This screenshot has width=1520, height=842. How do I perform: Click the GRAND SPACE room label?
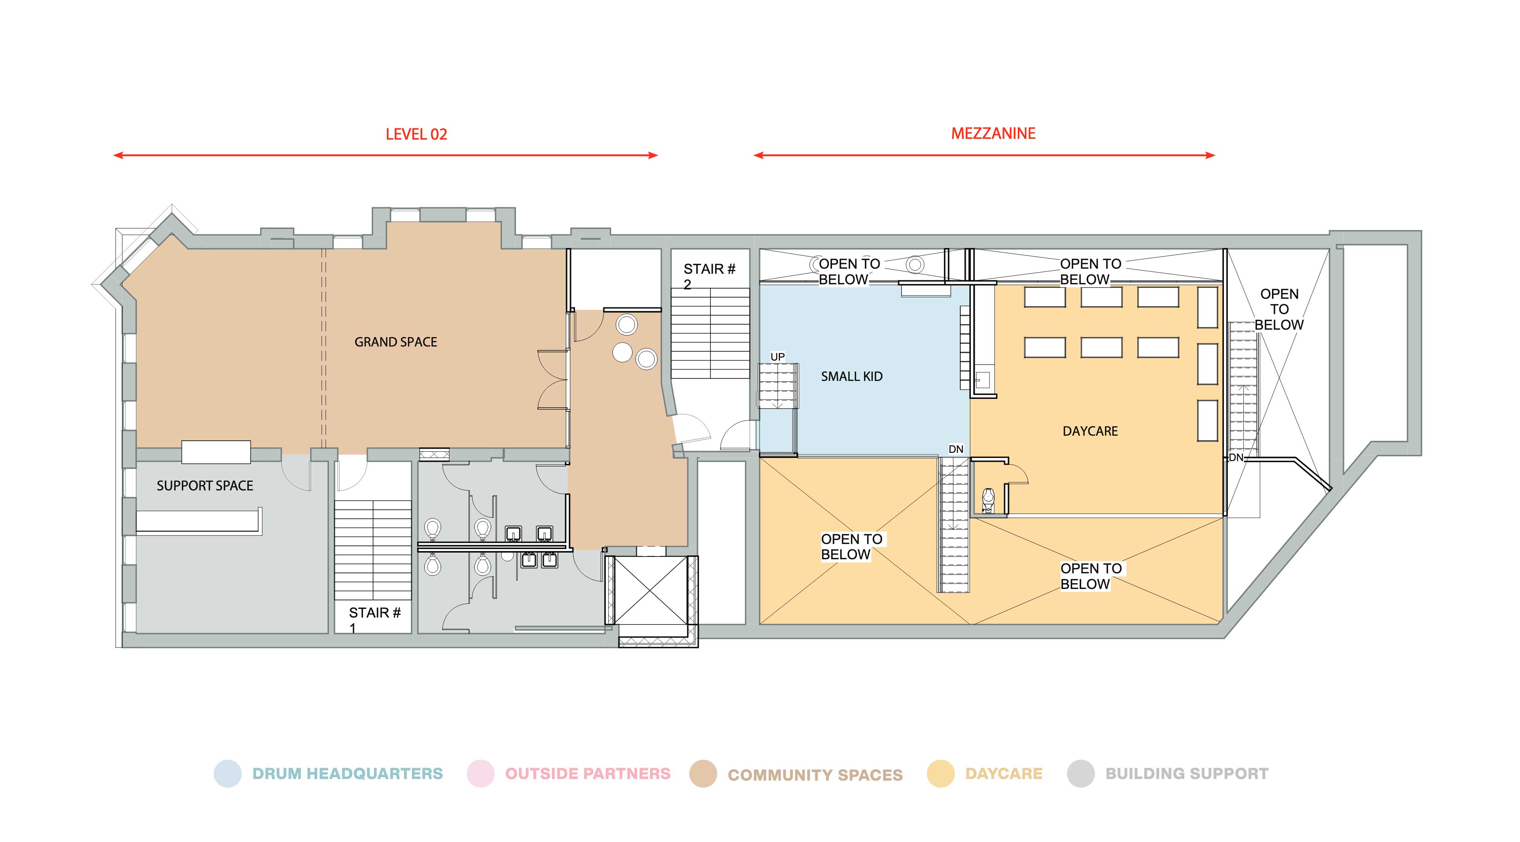click(395, 342)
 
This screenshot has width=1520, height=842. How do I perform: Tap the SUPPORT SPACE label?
click(205, 486)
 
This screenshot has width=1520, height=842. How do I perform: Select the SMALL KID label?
click(852, 377)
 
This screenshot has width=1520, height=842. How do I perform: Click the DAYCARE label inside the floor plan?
click(1090, 431)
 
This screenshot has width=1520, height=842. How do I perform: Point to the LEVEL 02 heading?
click(416, 135)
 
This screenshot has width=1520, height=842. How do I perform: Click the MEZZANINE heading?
click(993, 134)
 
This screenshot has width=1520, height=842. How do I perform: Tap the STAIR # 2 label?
click(709, 276)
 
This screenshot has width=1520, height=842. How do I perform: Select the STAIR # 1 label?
click(374, 618)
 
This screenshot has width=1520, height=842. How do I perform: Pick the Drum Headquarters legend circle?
click(228, 774)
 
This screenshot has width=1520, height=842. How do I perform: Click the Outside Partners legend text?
click(588, 774)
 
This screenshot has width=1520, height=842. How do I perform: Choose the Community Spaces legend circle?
click(703, 774)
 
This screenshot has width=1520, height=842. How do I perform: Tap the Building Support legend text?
click(1187, 774)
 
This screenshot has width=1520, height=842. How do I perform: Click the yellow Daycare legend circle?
click(941, 774)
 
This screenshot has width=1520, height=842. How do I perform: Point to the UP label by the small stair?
click(777, 357)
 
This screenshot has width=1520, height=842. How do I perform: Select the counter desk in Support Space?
click(199, 522)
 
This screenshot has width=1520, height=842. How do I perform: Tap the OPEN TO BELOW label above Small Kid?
click(848, 271)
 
